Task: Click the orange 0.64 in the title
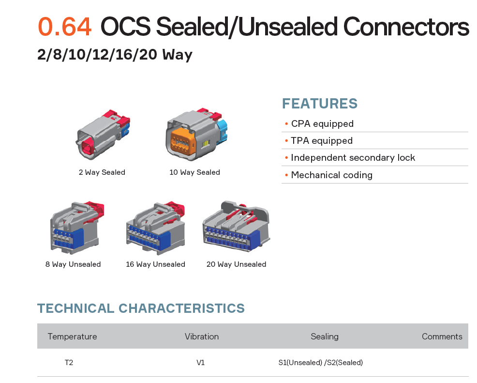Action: [64, 27]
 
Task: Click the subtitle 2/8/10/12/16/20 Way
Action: [115, 55]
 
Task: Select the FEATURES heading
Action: [320, 104]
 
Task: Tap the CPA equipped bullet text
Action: [322, 123]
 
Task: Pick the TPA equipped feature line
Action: [322, 140]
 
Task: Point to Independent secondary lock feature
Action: [353, 158]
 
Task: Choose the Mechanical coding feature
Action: [331, 175]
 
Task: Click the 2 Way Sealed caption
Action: [102, 172]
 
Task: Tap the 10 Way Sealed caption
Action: [194, 172]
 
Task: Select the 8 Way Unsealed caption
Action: [73, 264]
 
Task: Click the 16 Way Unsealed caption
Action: [155, 264]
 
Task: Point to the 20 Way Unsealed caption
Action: [237, 264]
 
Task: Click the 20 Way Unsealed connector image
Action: [237, 226]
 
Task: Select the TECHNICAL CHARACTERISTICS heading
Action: [141, 308]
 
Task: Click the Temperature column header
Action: [73, 337]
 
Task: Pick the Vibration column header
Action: [202, 337]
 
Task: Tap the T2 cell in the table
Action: [69, 363]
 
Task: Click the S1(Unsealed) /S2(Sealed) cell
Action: [321, 363]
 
